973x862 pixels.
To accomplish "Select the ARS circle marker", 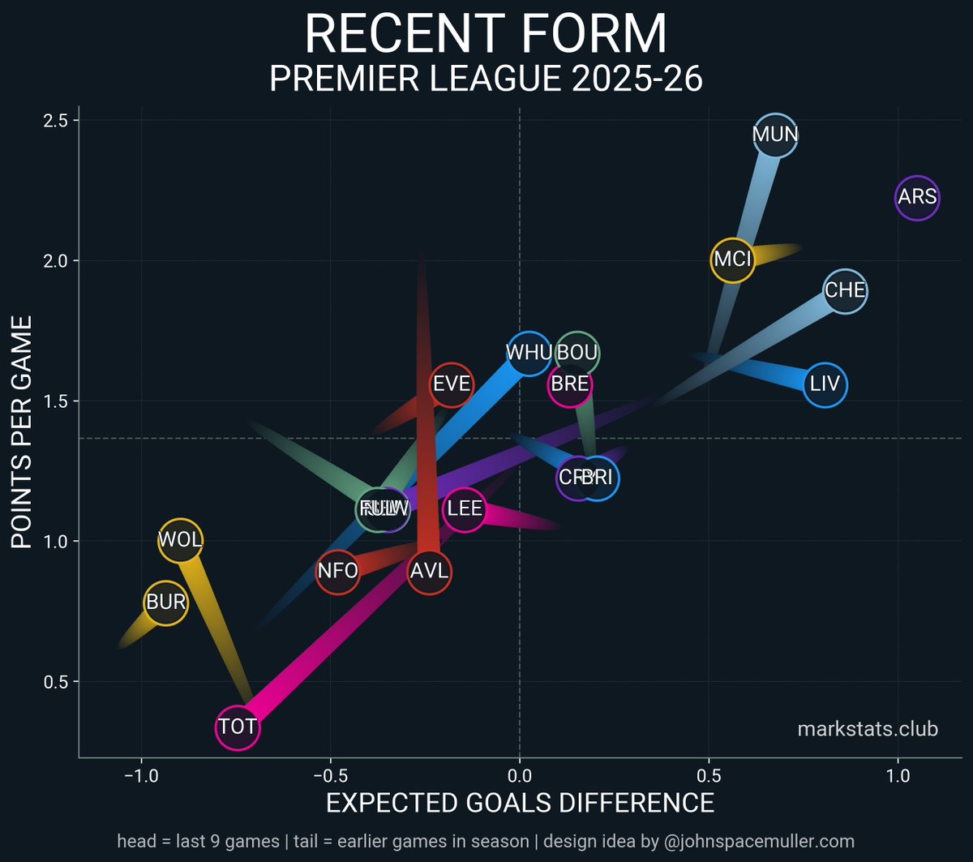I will point(917,197).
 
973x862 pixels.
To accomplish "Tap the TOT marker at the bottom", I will point(238,727).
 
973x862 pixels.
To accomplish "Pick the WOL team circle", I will point(180,540).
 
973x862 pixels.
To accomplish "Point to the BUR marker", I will point(166,603).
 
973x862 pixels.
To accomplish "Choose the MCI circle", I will point(733,260).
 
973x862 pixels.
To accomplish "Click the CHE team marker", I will point(845,290).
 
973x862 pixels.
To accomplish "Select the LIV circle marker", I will point(825,384).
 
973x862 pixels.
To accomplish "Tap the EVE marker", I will point(452,384).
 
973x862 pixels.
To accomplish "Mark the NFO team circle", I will point(337,571).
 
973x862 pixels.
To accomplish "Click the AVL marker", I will point(429,571).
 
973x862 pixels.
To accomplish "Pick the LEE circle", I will point(465,510).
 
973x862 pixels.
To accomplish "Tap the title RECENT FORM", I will point(486,36).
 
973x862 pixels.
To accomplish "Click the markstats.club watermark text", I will point(868,729).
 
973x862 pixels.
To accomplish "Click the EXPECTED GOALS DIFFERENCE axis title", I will point(520,803).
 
